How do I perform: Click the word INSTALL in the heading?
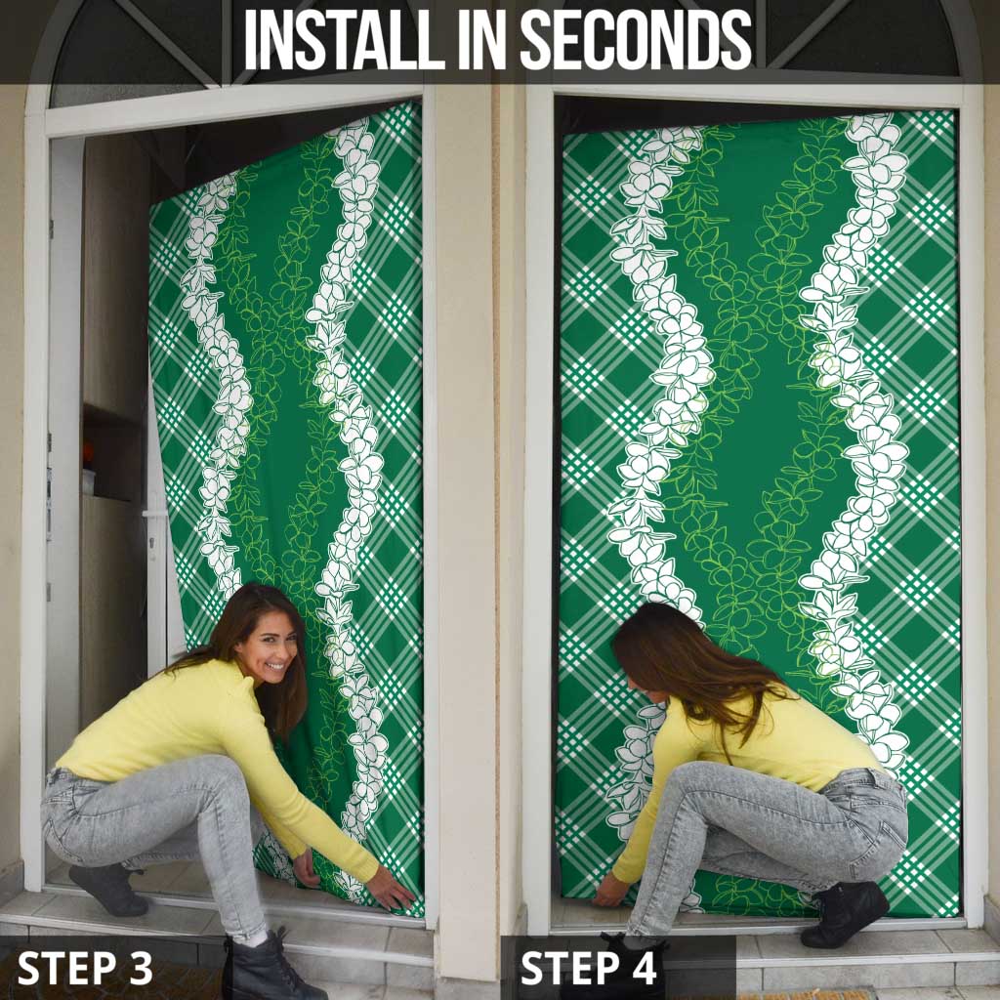coord(345,39)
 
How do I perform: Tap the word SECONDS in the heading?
coord(637,39)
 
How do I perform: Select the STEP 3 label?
coord(85,968)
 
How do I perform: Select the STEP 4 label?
coord(588,968)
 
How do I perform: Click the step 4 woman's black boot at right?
coord(845,913)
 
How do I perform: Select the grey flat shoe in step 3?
coord(108,889)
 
